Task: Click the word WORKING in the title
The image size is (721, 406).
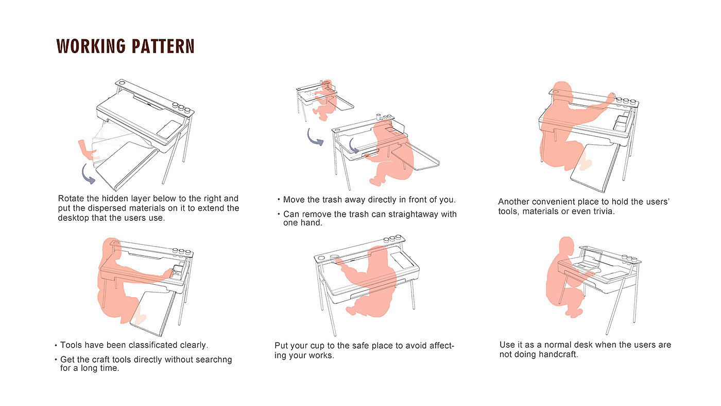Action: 91,46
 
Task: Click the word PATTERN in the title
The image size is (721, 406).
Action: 162,46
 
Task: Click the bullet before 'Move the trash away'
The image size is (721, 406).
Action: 279,200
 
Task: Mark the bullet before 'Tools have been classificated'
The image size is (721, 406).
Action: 56,345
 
